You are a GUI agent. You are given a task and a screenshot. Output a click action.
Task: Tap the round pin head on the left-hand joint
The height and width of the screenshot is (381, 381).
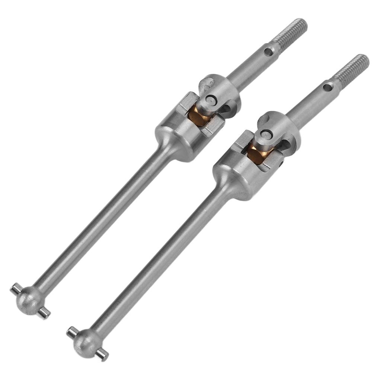click(211, 100)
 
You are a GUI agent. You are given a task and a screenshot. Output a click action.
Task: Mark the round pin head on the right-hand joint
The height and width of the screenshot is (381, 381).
click(266, 135)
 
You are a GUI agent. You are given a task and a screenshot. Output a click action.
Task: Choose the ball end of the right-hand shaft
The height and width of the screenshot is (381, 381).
click(86, 340)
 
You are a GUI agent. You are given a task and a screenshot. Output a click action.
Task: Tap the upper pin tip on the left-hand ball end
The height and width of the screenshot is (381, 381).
click(16, 288)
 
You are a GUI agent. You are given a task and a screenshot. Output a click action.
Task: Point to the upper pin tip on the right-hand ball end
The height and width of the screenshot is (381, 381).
click(72, 331)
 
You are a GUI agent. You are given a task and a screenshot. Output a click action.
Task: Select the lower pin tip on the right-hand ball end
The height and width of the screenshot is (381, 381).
click(101, 356)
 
